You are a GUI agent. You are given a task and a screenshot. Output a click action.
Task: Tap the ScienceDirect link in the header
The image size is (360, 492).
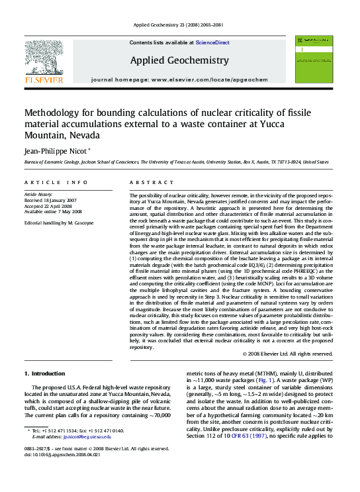(212, 42)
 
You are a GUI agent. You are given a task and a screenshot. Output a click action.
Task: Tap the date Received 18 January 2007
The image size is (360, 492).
(50, 200)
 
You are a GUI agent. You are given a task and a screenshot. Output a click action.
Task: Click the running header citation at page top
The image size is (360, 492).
(179, 25)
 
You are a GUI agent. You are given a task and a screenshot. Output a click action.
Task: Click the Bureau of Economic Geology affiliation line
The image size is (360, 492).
(177, 162)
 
